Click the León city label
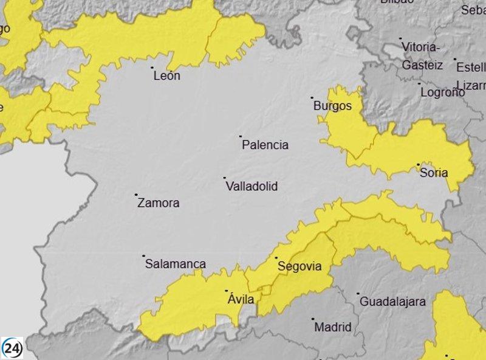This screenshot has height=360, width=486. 167,76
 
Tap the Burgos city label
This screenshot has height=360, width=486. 332,106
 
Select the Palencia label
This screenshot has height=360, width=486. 265,145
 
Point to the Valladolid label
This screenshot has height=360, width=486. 252,186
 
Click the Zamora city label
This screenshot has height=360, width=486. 159,203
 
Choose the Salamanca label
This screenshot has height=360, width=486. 175,264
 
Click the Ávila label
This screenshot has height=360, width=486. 241,299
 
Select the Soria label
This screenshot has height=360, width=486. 434,173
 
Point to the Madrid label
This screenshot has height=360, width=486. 332,327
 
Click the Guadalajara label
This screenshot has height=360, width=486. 392,301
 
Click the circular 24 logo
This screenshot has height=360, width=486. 12,347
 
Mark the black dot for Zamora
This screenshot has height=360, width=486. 136,195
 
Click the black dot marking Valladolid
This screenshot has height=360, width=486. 225,178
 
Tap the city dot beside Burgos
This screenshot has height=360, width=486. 312,97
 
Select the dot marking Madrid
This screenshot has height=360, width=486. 313,319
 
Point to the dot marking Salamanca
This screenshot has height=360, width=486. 144,255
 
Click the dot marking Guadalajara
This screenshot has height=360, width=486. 358,293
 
